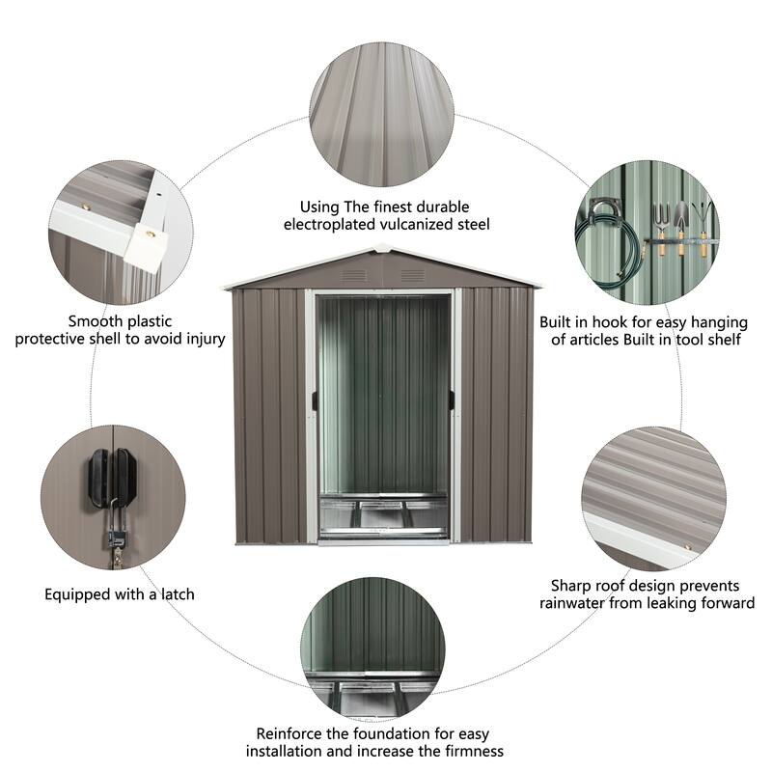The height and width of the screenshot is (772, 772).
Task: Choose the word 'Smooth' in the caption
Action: click(x=96, y=321)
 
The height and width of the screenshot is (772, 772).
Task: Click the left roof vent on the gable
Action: click(x=353, y=276)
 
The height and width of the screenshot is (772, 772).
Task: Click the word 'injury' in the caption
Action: click(x=204, y=339)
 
